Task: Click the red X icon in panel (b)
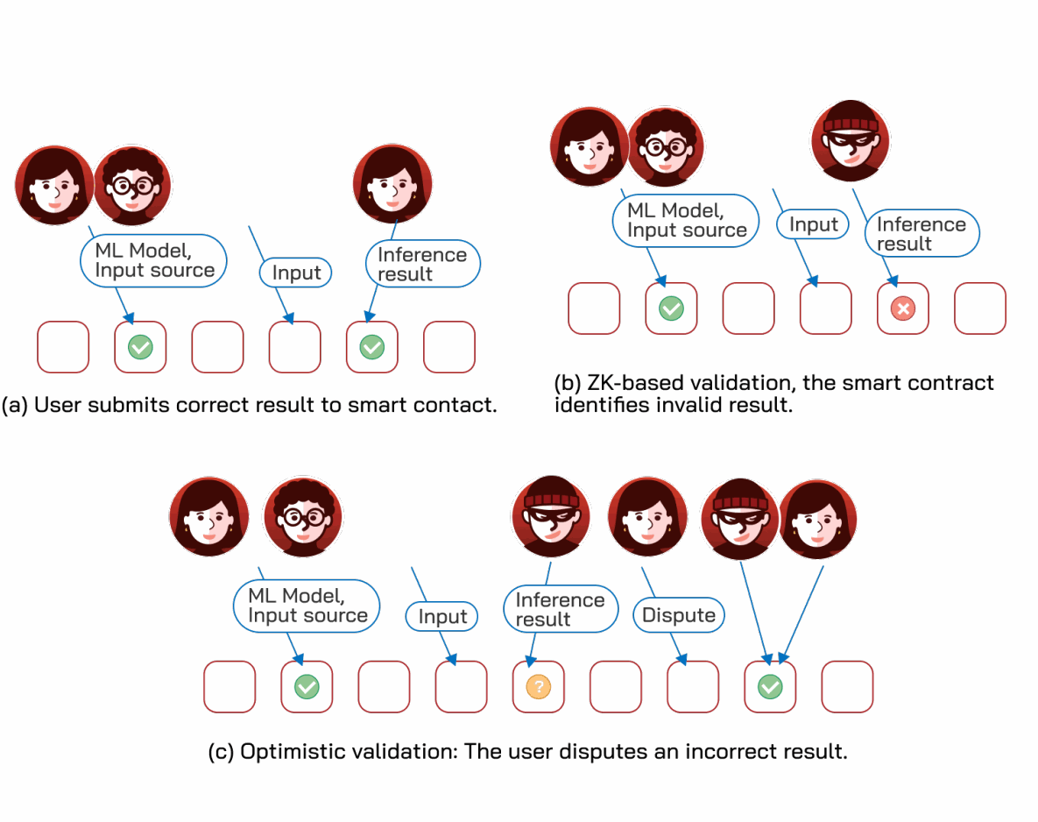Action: pyautogui.click(x=903, y=308)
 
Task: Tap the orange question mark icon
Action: pyautogui.click(x=538, y=687)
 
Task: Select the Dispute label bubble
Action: pyautogui.click(x=679, y=614)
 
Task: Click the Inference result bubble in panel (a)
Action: pyautogui.click(x=423, y=264)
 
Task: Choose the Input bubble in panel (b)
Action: pyautogui.click(x=813, y=224)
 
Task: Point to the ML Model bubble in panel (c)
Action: pyautogui.click(x=307, y=606)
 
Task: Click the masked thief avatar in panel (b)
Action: pyautogui.click(x=851, y=141)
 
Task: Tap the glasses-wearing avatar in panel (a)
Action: pyautogui.click(x=132, y=186)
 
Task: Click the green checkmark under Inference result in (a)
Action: pyautogui.click(x=372, y=347)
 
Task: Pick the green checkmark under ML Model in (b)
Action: pyautogui.click(x=671, y=308)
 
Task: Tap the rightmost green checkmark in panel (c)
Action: pyautogui.click(x=770, y=687)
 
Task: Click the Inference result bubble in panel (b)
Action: pyautogui.click(x=922, y=233)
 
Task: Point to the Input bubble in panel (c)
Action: pyautogui.click(x=441, y=616)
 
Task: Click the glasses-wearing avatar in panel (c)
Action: pyautogui.click(x=303, y=517)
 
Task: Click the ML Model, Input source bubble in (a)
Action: pyautogui.click(x=153, y=261)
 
